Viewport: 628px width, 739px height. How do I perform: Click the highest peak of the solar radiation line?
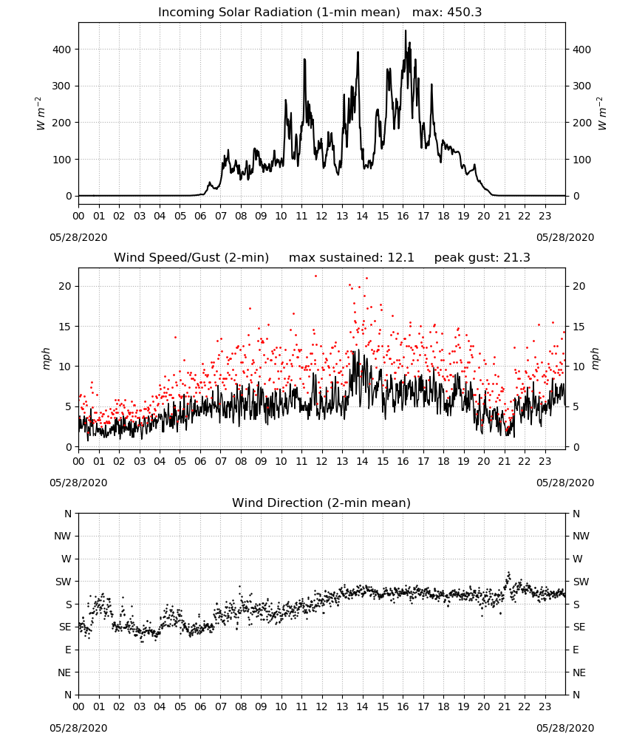pos(406,30)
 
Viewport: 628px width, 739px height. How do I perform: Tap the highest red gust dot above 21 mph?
pos(315,276)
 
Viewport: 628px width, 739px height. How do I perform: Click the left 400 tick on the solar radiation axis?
pos(62,50)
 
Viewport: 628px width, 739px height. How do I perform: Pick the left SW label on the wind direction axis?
pos(63,582)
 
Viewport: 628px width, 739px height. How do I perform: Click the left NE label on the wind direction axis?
pos(64,672)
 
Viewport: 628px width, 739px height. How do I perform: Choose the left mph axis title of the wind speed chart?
pos(46,358)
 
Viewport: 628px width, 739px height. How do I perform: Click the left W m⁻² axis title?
pos(41,114)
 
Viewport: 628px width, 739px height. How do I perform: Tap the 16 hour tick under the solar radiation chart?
pos(403,216)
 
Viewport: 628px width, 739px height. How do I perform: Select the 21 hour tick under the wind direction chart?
pos(504,706)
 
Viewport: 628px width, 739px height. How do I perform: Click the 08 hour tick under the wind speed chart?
pos(241,461)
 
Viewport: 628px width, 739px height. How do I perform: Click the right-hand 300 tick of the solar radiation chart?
pos(581,86)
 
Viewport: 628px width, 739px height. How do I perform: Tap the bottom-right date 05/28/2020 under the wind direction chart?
pos(565,728)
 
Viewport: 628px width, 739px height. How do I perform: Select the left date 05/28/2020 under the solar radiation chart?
pos(78,237)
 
